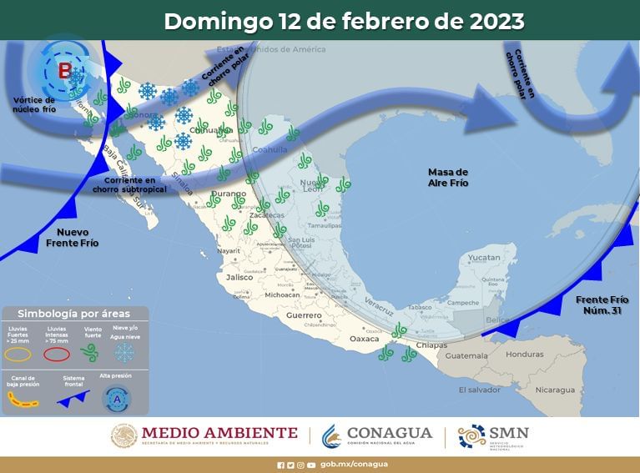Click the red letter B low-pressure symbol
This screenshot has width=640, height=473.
[x=64, y=71]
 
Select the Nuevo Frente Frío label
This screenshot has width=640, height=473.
[x=78, y=237]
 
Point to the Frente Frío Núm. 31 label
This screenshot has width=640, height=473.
[x=602, y=304]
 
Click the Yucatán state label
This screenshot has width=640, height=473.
[x=483, y=259]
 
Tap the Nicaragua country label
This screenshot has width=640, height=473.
[x=555, y=390]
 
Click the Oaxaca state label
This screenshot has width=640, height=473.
[x=364, y=339]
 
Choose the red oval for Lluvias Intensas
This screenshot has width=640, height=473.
[x=57, y=354]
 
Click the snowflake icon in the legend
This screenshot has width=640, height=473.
[x=124, y=355]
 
